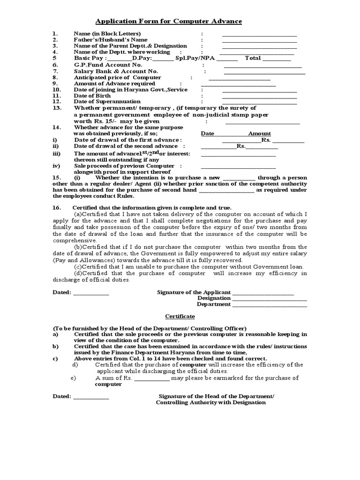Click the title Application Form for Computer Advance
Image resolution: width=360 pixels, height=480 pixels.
(x=169, y=22)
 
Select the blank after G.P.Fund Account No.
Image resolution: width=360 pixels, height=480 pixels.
(x=263, y=66)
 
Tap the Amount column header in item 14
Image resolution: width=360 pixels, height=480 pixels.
(x=259, y=134)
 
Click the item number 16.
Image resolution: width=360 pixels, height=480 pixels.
(x=56, y=207)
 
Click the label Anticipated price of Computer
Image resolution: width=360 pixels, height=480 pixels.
(x=118, y=77)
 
